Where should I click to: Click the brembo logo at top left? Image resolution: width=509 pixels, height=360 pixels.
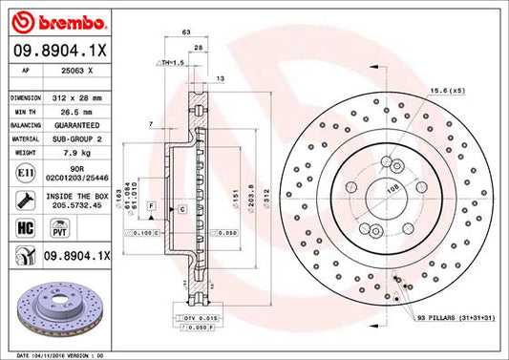[48, 19]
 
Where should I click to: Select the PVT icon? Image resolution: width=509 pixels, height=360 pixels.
[58, 229]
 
